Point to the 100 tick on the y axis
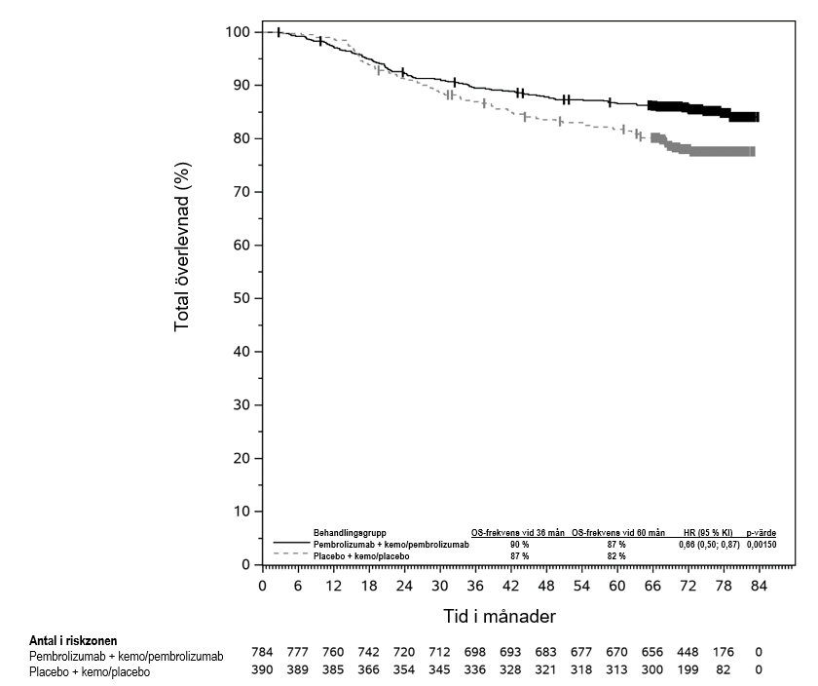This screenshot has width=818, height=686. click(238, 32)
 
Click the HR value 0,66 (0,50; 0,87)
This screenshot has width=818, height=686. click(709, 544)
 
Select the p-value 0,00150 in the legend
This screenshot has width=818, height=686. click(761, 544)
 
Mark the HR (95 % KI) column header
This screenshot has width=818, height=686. click(709, 533)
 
